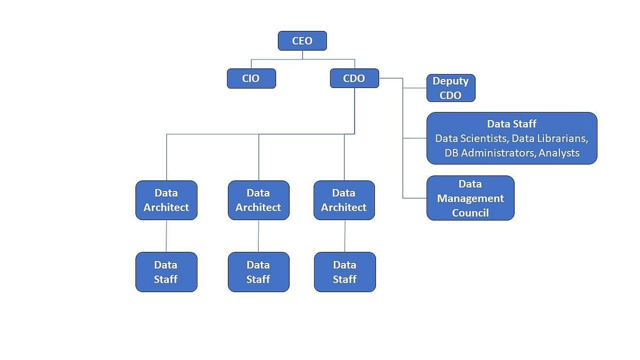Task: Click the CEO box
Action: (x=302, y=41)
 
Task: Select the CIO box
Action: (x=251, y=78)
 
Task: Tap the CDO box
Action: (x=354, y=78)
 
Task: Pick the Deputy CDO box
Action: (x=451, y=88)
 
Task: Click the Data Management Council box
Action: (x=470, y=198)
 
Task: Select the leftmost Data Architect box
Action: (x=166, y=200)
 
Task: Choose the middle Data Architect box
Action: (x=259, y=200)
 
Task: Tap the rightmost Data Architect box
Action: (x=344, y=200)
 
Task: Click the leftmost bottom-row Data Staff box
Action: (x=166, y=272)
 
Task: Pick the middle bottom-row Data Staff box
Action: (x=259, y=272)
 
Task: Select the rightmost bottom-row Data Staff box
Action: (x=345, y=272)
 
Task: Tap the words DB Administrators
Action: (x=490, y=153)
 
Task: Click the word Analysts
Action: (x=559, y=153)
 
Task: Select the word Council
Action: (x=470, y=213)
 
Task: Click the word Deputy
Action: (x=451, y=81)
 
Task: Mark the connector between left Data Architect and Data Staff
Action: (x=166, y=236)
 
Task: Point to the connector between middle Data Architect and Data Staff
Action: (x=259, y=236)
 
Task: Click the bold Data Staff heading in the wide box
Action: (x=511, y=124)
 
